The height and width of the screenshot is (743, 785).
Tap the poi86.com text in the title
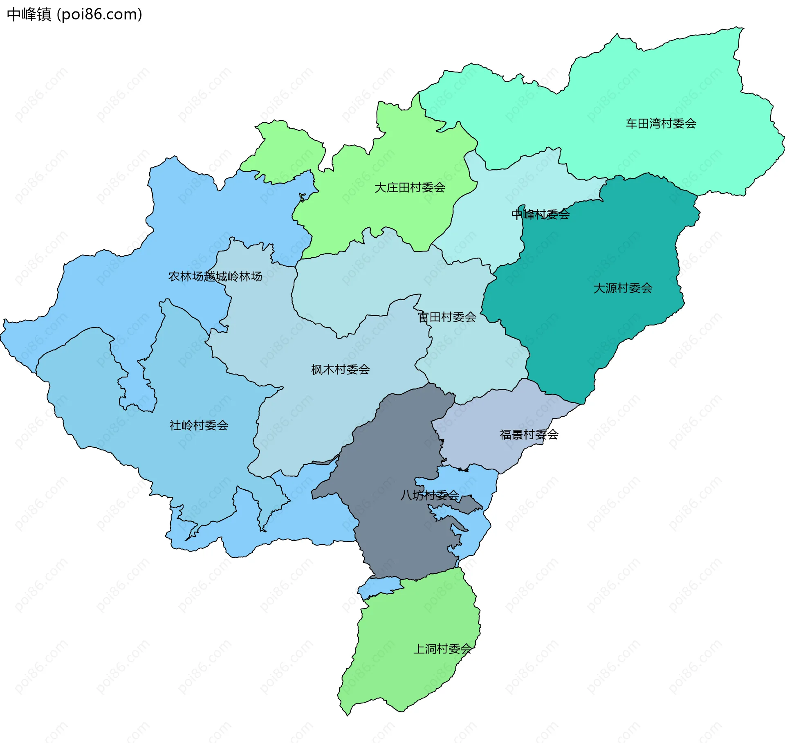pos(99,14)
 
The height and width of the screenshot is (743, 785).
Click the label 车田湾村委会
pos(661,123)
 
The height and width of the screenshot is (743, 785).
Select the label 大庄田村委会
pos(410,188)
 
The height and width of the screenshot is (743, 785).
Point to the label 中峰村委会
pos(541,214)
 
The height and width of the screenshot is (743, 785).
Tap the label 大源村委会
pos(623,288)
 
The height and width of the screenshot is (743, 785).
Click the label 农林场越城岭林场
pos(215,276)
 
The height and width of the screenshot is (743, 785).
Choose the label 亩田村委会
pos(447,317)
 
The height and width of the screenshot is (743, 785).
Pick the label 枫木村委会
pos(340,370)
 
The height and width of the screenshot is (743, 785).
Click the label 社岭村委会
pos(199,426)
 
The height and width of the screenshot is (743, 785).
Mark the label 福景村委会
pos(529,434)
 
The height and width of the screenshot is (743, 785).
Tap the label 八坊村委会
pos(429,496)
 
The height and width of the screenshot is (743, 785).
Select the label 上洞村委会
pos(442,649)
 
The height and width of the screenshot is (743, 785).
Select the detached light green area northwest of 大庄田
pos(286,151)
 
